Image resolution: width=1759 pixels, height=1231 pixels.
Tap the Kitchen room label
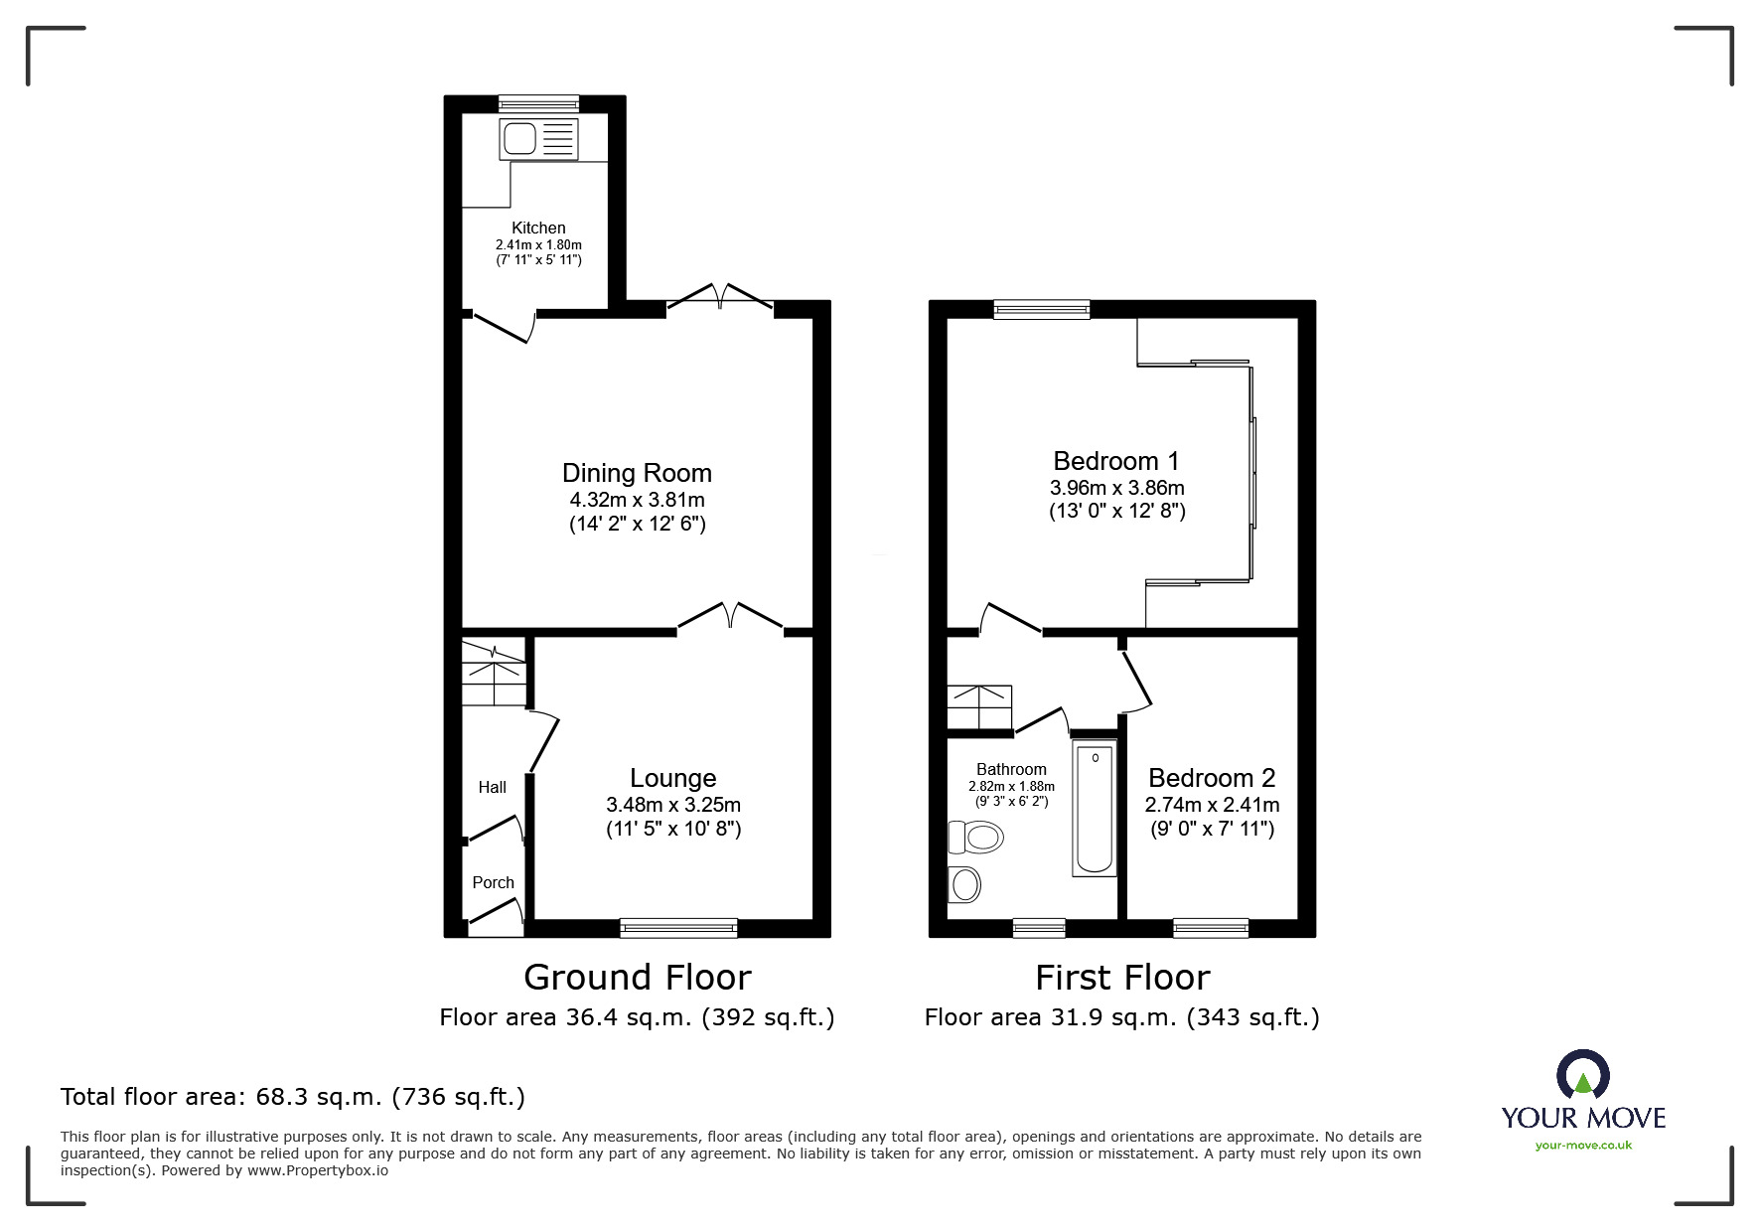point(538,228)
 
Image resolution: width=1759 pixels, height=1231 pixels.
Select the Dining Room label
point(637,473)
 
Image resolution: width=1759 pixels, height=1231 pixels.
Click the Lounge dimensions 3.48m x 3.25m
point(673,805)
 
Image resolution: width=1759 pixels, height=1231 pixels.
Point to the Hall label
point(492,787)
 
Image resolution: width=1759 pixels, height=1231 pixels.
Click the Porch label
point(493,882)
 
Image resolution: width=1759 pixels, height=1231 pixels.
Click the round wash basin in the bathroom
point(964,883)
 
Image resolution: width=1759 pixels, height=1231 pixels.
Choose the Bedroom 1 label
point(1116,461)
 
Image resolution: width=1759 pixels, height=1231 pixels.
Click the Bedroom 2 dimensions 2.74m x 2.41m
point(1212,805)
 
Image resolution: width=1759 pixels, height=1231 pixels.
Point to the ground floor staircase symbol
point(494,673)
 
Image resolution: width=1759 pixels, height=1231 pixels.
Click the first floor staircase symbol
point(979,706)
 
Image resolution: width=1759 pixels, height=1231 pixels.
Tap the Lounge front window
point(678,928)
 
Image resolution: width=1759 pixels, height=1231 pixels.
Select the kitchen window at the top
point(538,102)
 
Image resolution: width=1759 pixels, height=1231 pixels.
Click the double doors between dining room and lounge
point(730,618)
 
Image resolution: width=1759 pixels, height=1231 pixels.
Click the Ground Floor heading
point(637,978)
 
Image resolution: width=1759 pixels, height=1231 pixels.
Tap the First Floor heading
point(1122,978)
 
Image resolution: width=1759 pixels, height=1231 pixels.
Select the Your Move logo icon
point(1582,1077)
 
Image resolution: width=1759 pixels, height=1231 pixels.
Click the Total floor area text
point(293,1097)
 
